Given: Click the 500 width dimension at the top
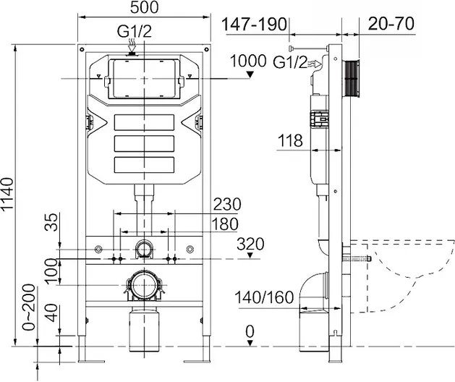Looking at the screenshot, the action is [144, 7].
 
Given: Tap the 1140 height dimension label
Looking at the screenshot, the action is [7, 194].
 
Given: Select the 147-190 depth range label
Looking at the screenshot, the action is [254, 24].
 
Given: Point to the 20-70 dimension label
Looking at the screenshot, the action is [391, 24].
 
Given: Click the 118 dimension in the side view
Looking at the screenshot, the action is [291, 140].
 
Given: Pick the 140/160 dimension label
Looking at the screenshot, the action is [264, 297].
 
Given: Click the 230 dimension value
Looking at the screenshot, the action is [227, 204].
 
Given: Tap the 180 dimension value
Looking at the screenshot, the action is [225, 224].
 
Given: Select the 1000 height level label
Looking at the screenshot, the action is [248, 61].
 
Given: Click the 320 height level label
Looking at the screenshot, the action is [250, 244].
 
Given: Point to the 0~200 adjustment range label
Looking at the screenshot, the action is [29, 307].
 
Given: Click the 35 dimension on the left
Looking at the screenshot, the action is [51, 222].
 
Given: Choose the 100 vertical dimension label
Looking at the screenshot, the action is [51, 271].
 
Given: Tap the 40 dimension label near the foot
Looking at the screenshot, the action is [52, 313].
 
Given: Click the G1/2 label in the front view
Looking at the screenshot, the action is [135, 31].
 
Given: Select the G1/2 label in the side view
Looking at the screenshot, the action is [290, 62].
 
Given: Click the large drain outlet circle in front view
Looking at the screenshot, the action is [144, 285].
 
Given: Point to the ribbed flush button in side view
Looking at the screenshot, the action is [352, 78].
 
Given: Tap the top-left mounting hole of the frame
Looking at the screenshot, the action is [82, 49].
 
